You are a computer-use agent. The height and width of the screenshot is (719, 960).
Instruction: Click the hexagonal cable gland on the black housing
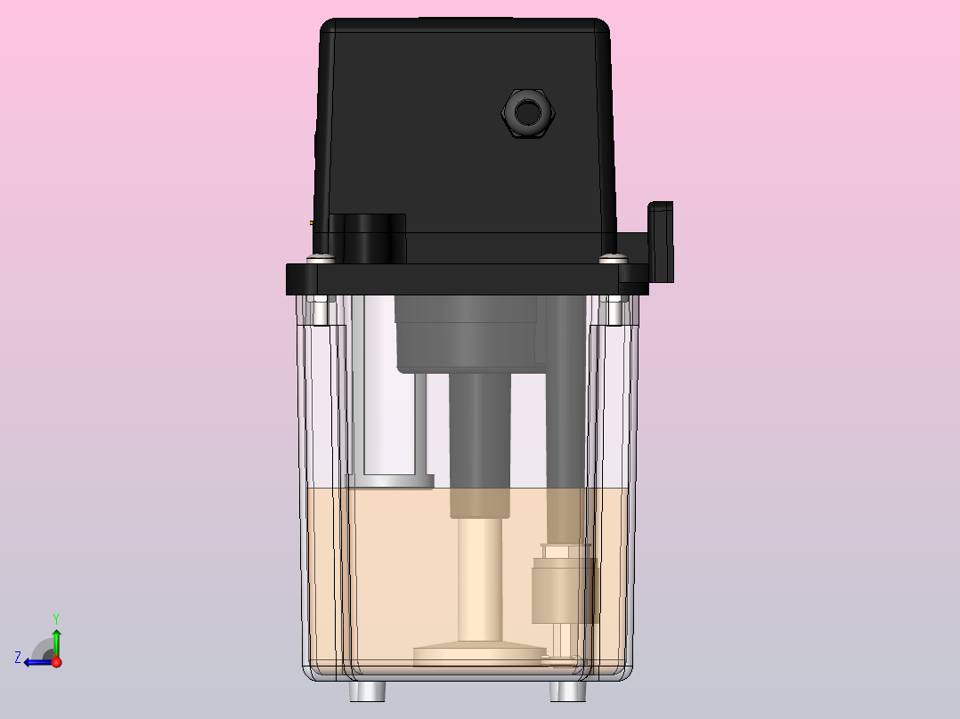528,113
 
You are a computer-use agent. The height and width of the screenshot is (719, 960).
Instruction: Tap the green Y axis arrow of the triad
56,642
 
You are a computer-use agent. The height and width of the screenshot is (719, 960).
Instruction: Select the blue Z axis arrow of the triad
38,662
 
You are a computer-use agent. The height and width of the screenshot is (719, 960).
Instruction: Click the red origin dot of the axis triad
57,662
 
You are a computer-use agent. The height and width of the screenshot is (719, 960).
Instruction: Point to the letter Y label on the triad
56,618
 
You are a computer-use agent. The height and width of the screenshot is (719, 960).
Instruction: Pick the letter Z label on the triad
18,658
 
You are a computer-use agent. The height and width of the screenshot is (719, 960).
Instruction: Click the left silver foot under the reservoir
367,691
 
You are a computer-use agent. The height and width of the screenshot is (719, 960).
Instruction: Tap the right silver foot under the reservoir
567,691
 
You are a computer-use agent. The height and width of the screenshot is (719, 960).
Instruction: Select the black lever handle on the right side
661,242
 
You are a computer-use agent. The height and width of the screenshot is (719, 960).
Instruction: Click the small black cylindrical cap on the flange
375,238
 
